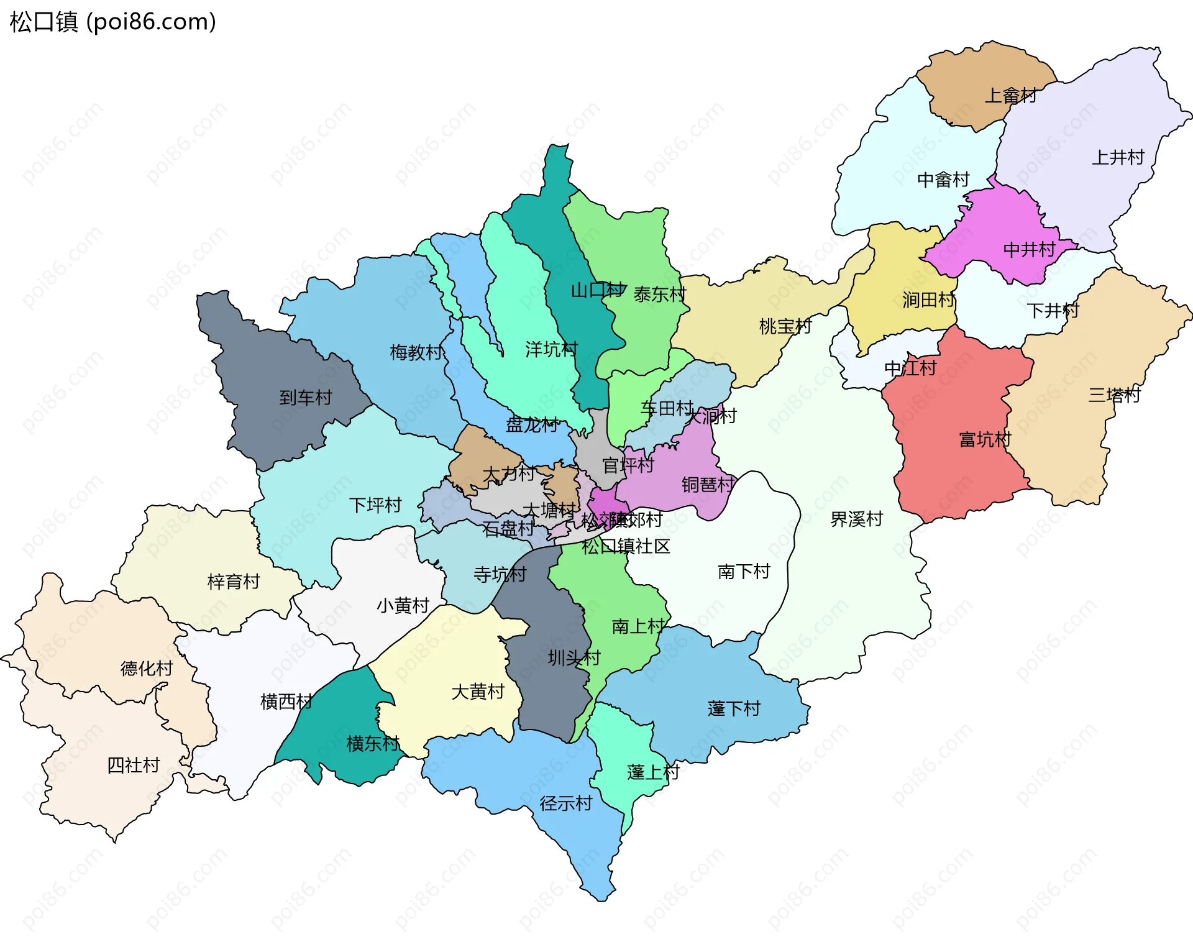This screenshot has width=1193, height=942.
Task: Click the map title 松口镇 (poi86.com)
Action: pyautogui.click(x=112, y=22)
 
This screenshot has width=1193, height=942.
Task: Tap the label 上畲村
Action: pyautogui.click(x=1010, y=96)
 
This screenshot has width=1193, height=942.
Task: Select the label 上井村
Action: pyautogui.click(x=1118, y=157)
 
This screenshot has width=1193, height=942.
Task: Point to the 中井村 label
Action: pyautogui.click(x=1029, y=249)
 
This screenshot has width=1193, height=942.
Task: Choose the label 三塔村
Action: pyautogui.click(x=1114, y=395)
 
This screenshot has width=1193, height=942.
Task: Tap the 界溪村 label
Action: pyautogui.click(x=856, y=519)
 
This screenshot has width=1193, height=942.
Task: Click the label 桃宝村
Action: pyautogui.click(x=785, y=326)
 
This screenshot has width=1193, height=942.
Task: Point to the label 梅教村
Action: pyautogui.click(x=416, y=352)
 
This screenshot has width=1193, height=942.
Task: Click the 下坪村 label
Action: pyautogui.click(x=375, y=505)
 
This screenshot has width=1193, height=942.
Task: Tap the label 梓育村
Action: pyautogui.click(x=234, y=582)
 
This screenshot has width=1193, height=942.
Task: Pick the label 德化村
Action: pyautogui.click(x=147, y=668)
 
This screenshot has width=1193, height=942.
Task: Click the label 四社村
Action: pyautogui.click(x=134, y=765)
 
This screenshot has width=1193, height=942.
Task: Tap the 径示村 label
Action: pyautogui.click(x=565, y=803)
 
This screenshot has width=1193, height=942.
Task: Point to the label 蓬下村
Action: pyautogui.click(x=734, y=708)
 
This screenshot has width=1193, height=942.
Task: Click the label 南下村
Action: pyautogui.click(x=744, y=571)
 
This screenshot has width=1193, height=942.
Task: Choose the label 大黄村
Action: pyautogui.click(x=478, y=692)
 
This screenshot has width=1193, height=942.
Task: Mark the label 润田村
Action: pyautogui.click(x=928, y=300)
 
